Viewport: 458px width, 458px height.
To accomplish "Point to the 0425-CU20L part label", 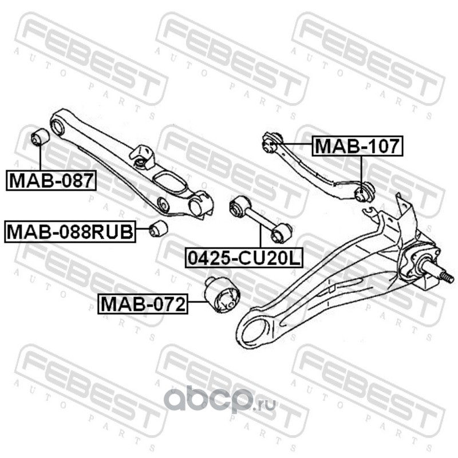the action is pos(243,259).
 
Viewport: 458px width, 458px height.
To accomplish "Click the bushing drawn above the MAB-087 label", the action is pos(40,137).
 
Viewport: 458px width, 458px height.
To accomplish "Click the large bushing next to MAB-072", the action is pos(223,295).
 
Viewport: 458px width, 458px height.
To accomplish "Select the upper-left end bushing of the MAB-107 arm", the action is pos(270,141).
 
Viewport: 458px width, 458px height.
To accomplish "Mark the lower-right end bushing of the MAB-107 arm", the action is pos(364,192).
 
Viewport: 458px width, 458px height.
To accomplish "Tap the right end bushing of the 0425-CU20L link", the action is pos(282,232).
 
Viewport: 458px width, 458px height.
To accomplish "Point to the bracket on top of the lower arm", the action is pos(144,156).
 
